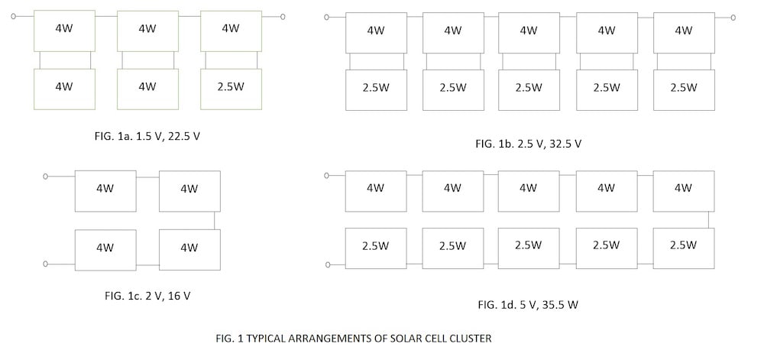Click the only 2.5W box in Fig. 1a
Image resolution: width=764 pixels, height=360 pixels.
point(231,88)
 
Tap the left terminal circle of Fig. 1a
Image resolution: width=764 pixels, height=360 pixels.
point(13,15)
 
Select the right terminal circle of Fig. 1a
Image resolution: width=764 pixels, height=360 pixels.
point(283,15)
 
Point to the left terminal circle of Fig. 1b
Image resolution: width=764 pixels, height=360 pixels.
point(326,17)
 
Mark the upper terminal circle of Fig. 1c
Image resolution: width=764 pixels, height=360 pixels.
point(46,177)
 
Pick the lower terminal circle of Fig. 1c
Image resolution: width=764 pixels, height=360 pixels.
point(46,264)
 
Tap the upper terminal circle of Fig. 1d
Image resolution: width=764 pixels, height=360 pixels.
point(328,175)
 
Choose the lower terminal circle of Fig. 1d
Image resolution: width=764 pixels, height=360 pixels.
point(328,264)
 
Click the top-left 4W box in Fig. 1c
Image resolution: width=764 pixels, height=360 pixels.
point(105,190)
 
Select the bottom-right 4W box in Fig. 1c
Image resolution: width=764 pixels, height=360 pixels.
point(189,248)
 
